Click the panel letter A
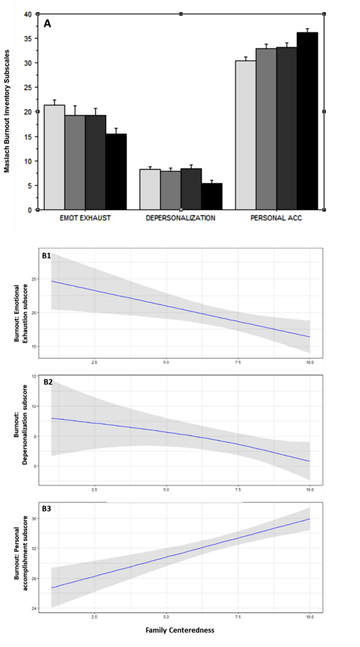click(47, 24)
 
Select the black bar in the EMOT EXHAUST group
click(116, 172)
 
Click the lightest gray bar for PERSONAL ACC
click(245, 135)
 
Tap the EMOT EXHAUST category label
click(85, 218)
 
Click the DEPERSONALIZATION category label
click(181, 218)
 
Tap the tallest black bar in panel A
click(307, 121)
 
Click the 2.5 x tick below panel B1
click(94, 363)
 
